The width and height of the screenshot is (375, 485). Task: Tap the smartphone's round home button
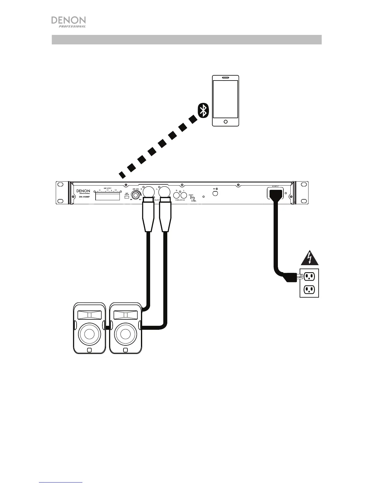226,122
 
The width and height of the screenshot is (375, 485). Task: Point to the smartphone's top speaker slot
226,77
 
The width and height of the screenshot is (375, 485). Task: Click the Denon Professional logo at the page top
68,22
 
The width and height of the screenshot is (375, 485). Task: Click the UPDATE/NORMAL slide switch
192,198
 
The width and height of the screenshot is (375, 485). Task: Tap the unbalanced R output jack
176,195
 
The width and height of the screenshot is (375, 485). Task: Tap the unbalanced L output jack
184,195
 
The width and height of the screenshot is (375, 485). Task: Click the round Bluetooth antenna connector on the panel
215,193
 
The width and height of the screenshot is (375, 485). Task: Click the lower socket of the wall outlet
309,289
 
